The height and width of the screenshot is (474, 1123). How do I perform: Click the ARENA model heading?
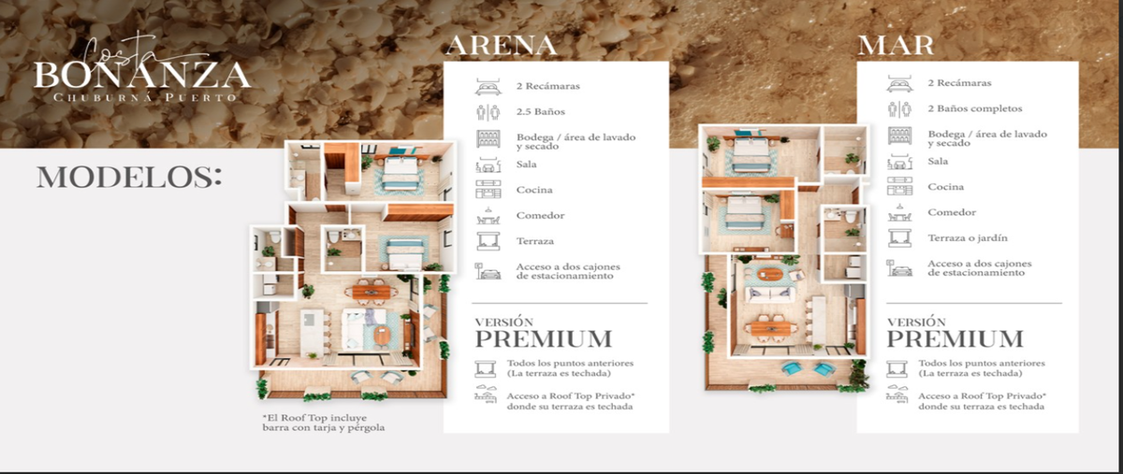pyautogui.click(x=502, y=45)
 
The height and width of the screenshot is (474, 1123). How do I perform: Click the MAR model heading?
pyautogui.click(x=896, y=45)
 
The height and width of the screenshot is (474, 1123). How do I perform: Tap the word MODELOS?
pyautogui.click(x=129, y=177)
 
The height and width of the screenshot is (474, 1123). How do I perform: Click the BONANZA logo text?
pyautogui.click(x=142, y=76)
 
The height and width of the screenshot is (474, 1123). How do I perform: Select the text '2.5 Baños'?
pyautogui.click(x=541, y=112)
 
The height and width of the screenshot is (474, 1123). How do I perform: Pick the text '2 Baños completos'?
pyautogui.click(x=974, y=108)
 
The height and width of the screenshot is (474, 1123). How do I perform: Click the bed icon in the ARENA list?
pyautogui.click(x=488, y=87)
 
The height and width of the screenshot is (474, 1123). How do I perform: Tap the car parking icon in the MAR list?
pyautogui.click(x=899, y=268)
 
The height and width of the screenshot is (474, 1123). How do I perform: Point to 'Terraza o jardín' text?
pyautogui.click(x=968, y=238)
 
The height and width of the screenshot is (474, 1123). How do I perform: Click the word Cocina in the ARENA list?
pyautogui.click(x=534, y=190)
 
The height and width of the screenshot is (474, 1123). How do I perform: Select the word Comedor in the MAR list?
pyautogui.click(x=952, y=212)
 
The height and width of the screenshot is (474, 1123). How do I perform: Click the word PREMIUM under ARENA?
pyautogui.click(x=544, y=339)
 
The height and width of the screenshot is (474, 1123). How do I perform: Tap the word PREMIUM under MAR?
pyautogui.click(x=955, y=339)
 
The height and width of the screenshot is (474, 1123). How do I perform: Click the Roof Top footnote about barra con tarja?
pyautogui.click(x=324, y=423)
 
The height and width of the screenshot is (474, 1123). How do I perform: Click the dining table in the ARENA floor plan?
pyautogui.click(x=371, y=292)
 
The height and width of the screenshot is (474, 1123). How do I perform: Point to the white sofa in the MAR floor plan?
pyautogui.click(x=769, y=294)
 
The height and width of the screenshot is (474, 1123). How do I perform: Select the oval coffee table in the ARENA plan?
pyautogui.click(x=382, y=336)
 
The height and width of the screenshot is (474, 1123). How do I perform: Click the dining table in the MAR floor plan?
pyautogui.click(x=770, y=329)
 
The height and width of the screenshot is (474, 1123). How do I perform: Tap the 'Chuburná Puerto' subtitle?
pyautogui.click(x=145, y=98)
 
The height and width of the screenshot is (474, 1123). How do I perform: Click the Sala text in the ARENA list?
pyautogui.click(x=526, y=165)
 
